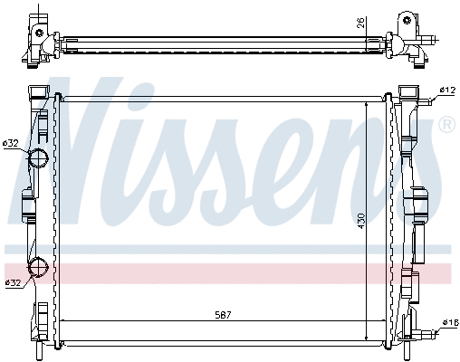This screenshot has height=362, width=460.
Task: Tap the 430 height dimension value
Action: (360, 220)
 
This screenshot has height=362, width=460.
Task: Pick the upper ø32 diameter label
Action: (11, 142)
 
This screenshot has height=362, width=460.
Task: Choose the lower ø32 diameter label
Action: (13, 283)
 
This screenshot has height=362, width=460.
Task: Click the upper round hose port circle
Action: (39, 159)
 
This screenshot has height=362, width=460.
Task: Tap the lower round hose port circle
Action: (39, 268)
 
